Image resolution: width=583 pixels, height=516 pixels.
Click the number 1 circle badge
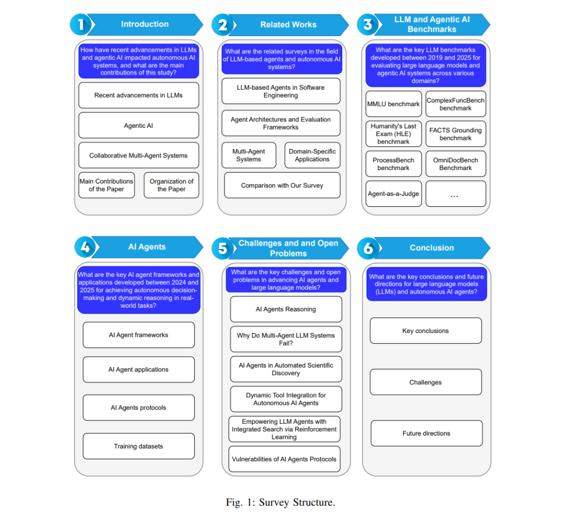pos(80,24)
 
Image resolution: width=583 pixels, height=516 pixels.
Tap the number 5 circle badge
pos(222,248)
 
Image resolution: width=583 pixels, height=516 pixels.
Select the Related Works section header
pos(289,25)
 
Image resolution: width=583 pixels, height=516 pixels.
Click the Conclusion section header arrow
pos(432,248)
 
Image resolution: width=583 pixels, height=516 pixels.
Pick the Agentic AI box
pos(139,126)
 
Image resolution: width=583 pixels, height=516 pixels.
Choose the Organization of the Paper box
pos(172,185)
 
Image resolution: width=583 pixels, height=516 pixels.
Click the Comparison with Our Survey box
pos(282,185)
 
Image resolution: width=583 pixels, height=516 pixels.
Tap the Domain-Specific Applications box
pos(313,155)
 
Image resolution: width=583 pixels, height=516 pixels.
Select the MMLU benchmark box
pos(394,104)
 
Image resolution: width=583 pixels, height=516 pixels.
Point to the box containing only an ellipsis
pos(456,194)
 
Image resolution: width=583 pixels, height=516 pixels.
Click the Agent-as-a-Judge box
pos(394,194)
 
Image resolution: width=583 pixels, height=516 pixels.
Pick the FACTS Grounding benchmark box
pos(456,134)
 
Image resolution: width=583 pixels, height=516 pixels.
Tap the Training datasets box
pos(139,446)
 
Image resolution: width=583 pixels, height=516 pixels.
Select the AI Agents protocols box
pos(139,408)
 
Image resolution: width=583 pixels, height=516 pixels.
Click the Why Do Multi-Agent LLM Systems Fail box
pos(286,339)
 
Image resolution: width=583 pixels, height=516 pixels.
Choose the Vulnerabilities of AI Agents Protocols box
pos(284,459)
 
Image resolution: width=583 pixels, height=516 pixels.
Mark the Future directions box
pos(426,433)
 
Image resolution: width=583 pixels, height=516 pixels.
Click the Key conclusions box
pos(426,330)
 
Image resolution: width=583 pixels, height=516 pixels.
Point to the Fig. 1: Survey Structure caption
pos(281,503)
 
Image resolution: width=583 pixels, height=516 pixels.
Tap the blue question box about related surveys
pos(282,59)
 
